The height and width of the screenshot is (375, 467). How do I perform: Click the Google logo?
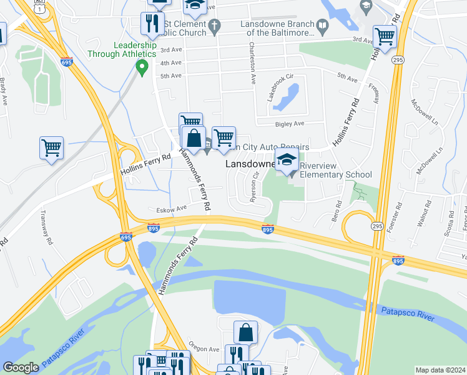[21, 368]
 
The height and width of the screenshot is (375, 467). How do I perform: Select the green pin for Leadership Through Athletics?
[142, 66]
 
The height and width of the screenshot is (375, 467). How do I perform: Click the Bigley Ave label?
[289, 124]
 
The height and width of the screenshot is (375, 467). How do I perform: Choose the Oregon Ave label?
[204, 349]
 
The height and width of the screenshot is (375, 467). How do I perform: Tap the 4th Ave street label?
[170, 63]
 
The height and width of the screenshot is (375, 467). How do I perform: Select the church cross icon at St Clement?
[214, 26]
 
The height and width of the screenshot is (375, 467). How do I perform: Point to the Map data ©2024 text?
[440, 370]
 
